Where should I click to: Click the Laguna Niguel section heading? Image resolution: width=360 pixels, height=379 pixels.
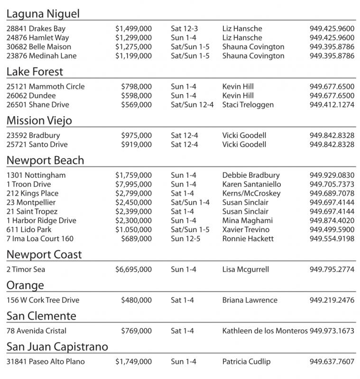pos(43,14)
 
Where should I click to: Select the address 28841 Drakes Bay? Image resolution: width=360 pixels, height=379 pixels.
pos(36,28)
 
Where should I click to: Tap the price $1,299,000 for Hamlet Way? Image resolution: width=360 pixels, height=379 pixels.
pos(133,37)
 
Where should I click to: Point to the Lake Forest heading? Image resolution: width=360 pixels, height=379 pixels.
pos(35,72)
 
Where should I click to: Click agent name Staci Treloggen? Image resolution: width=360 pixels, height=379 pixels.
pos(248,105)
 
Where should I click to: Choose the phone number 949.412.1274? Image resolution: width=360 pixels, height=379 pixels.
pos(332,105)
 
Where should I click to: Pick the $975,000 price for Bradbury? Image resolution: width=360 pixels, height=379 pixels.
pos(136,135)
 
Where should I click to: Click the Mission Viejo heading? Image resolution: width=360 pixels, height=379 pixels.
pos(39,121)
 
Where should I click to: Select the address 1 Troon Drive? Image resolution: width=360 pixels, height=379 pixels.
pos(28,184)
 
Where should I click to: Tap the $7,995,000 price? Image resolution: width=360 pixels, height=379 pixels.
pos(133,184)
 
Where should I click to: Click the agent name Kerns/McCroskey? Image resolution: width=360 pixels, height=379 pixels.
pos(251,193)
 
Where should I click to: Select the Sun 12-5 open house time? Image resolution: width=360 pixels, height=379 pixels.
pos(185,239)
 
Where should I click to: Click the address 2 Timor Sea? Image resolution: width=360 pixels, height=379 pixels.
pos(26,270)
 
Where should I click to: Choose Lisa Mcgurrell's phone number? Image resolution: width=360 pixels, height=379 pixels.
pos(332,270)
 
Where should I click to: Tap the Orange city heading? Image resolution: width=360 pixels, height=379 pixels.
pos(25,285)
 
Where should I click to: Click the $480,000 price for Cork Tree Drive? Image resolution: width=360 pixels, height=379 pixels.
pos(136,300)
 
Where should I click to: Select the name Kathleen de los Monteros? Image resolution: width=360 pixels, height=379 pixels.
pos(265,331)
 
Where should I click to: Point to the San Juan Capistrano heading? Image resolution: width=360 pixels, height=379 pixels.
pos(57,347)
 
